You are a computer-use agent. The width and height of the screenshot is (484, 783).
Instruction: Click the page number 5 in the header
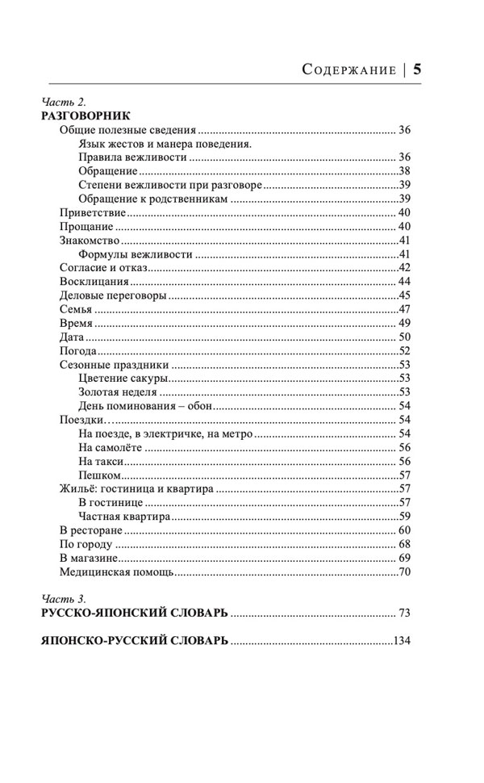click(x=418, y=69)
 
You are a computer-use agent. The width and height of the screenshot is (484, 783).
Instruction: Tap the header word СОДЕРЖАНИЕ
click(x=348, y=69)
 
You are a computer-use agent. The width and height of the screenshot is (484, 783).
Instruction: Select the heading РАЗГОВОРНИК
click(x=85, y=115)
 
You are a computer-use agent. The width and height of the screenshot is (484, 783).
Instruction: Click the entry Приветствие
click(x=93, y=212)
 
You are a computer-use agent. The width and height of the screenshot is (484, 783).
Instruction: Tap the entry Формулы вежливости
click(x=136, y=254)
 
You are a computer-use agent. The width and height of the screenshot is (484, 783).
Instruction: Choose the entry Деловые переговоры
click(x=114, y=295)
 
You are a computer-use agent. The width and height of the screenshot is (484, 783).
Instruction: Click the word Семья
click(x=75, y=310)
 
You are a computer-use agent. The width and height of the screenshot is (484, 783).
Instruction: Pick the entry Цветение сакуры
click(x=123, y=379)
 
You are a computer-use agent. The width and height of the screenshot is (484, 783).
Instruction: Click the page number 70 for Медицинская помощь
click(x=405, y=572)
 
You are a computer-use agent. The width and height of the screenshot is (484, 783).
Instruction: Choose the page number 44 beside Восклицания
click(x=405, y=282)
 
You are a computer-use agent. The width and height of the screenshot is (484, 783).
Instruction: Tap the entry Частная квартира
click(x=124, y=517)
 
